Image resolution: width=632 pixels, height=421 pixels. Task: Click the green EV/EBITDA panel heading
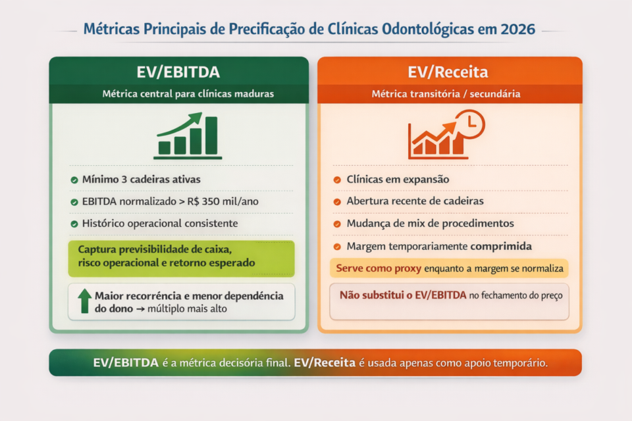click(x=178, y=72)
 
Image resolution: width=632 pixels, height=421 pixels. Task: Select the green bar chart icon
click(x=188, y=136)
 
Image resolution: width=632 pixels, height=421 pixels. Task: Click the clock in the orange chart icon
click(x=470, y=123)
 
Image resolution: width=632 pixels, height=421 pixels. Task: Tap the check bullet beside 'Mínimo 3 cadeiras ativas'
click(x=74, y=180)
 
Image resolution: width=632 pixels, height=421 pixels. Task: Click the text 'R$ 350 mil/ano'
click(x=228, y=201)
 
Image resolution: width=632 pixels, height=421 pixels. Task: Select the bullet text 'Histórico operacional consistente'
click(x=159, y=224)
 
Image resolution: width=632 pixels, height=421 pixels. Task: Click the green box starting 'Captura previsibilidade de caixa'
click(x=181, y=258)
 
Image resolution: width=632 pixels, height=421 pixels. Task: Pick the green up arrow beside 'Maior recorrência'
click(x=84, y=301)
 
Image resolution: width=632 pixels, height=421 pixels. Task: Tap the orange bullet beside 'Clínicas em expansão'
click(x=336, y=180)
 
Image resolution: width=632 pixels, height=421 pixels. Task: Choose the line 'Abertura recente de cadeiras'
click(x=415, y=201)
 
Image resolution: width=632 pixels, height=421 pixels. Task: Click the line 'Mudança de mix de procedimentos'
click(x=430, y=224)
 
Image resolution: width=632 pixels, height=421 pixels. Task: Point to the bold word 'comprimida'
click(x=501, y=246)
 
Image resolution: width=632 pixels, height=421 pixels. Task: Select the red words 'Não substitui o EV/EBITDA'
click(x=403, y=295)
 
